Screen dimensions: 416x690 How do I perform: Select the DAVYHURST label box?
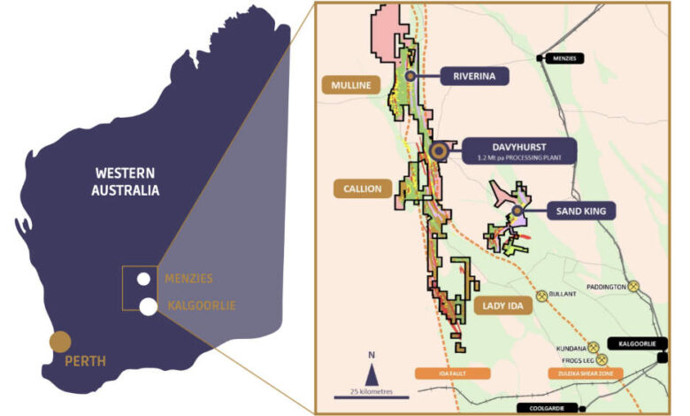(x=517, y=149)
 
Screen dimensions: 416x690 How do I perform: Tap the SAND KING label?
(x=575, y=211)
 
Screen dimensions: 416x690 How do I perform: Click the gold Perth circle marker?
(x=60, y=342)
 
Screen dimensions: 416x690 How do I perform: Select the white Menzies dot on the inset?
(x=143, y=280)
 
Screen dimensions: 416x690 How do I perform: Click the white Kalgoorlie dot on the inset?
(x=149, y=306)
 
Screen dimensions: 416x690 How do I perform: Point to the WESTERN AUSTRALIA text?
(x=125, y=181)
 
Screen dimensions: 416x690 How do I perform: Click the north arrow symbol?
(x=372, y=358)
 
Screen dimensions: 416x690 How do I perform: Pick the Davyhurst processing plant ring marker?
(x=438, y=152)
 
